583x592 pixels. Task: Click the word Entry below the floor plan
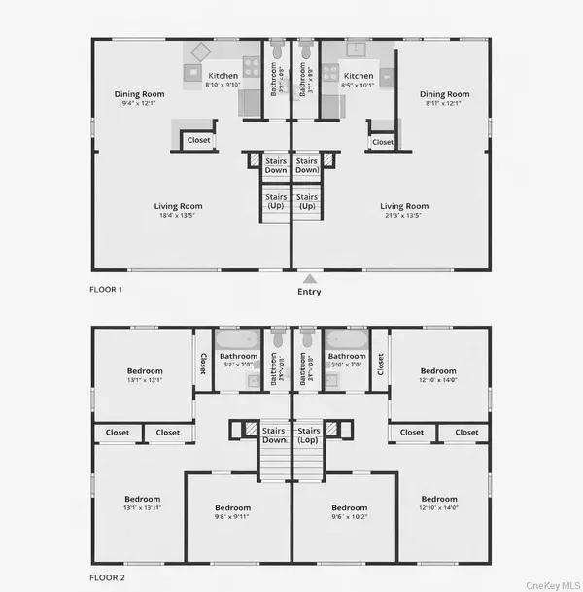coord(309,292)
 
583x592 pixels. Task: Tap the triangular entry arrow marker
coord(309,277)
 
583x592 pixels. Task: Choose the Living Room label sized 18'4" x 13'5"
coord(179,211)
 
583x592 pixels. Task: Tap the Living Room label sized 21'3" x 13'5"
coord(404,211)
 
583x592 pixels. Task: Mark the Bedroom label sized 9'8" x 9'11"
coord(232,512)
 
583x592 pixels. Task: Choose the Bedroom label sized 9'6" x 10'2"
coord(350,512)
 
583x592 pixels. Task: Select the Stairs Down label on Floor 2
coord(275,435)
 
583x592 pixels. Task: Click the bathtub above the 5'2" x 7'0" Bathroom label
coord(237,340)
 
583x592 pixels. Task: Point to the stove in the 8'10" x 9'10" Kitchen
coord(251,67)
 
